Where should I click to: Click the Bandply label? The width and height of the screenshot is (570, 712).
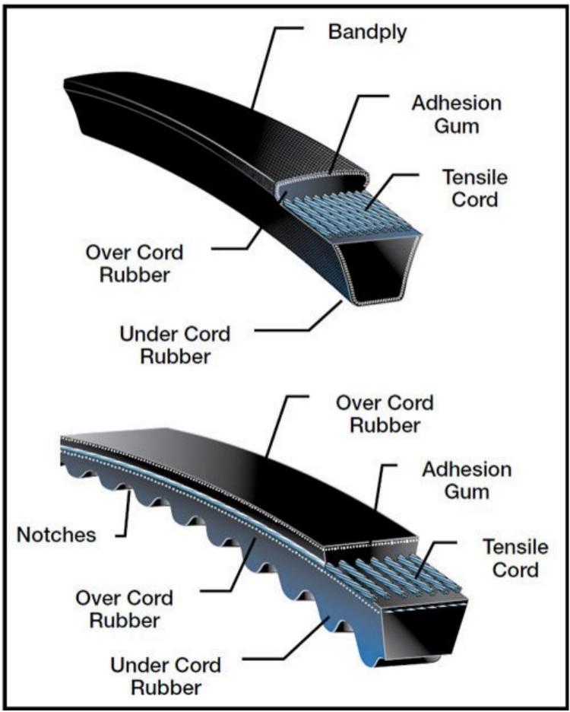pyautogui.click(x=367, y=33)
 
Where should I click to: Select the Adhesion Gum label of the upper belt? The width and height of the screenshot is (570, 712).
pyautogui.click(x=457, y=114)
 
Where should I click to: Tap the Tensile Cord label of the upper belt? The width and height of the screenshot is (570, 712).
pyautogui.click(x=475, y=188)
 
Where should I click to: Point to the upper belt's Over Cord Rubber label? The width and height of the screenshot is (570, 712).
pyautogui.click(x=135, y=263)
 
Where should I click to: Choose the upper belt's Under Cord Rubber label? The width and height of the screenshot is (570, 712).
pyautogui.click(x=175, y=345)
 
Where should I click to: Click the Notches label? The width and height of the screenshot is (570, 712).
pyautogui.click(x=56, y=535)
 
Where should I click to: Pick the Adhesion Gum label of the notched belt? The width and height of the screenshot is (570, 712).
pyautogui.click(x=467, y=481)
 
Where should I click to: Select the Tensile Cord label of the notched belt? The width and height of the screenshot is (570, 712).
pyautogui.click(x=515, y=558)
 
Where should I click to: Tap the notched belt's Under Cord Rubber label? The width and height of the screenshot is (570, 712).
pyautogui.click(x=166, y=676)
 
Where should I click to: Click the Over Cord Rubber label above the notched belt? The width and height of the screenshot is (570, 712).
pyautogui.click(x=385, y=414)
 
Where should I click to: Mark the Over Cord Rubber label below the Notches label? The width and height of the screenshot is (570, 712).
pyautogui.click(x=125, y=609)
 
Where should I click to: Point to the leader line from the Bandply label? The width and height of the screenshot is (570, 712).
pyautogui.click(x=264, y=68)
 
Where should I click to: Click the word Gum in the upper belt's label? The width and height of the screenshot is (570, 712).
pyautogui.click(x=457, y=126)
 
